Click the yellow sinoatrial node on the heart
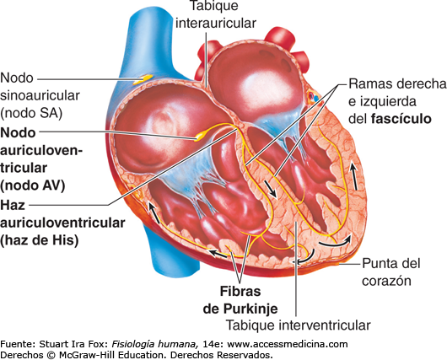click(143, 79)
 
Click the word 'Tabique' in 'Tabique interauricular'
click(214, 6)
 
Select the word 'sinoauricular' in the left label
click(40, 96)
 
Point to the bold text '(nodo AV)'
click(33, 185)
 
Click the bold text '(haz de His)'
click(40, 240)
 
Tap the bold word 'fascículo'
click(401, 119)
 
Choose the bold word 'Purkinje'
click(250, 309)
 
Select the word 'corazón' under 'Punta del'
click(386, 281)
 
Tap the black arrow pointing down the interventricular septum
click(270, 188)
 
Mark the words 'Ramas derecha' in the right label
click(397, 83)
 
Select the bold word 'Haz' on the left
click(13, 205)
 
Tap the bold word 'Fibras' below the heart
click(240, 292)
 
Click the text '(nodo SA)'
click(31, 113)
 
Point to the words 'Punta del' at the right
click(391, 263)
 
